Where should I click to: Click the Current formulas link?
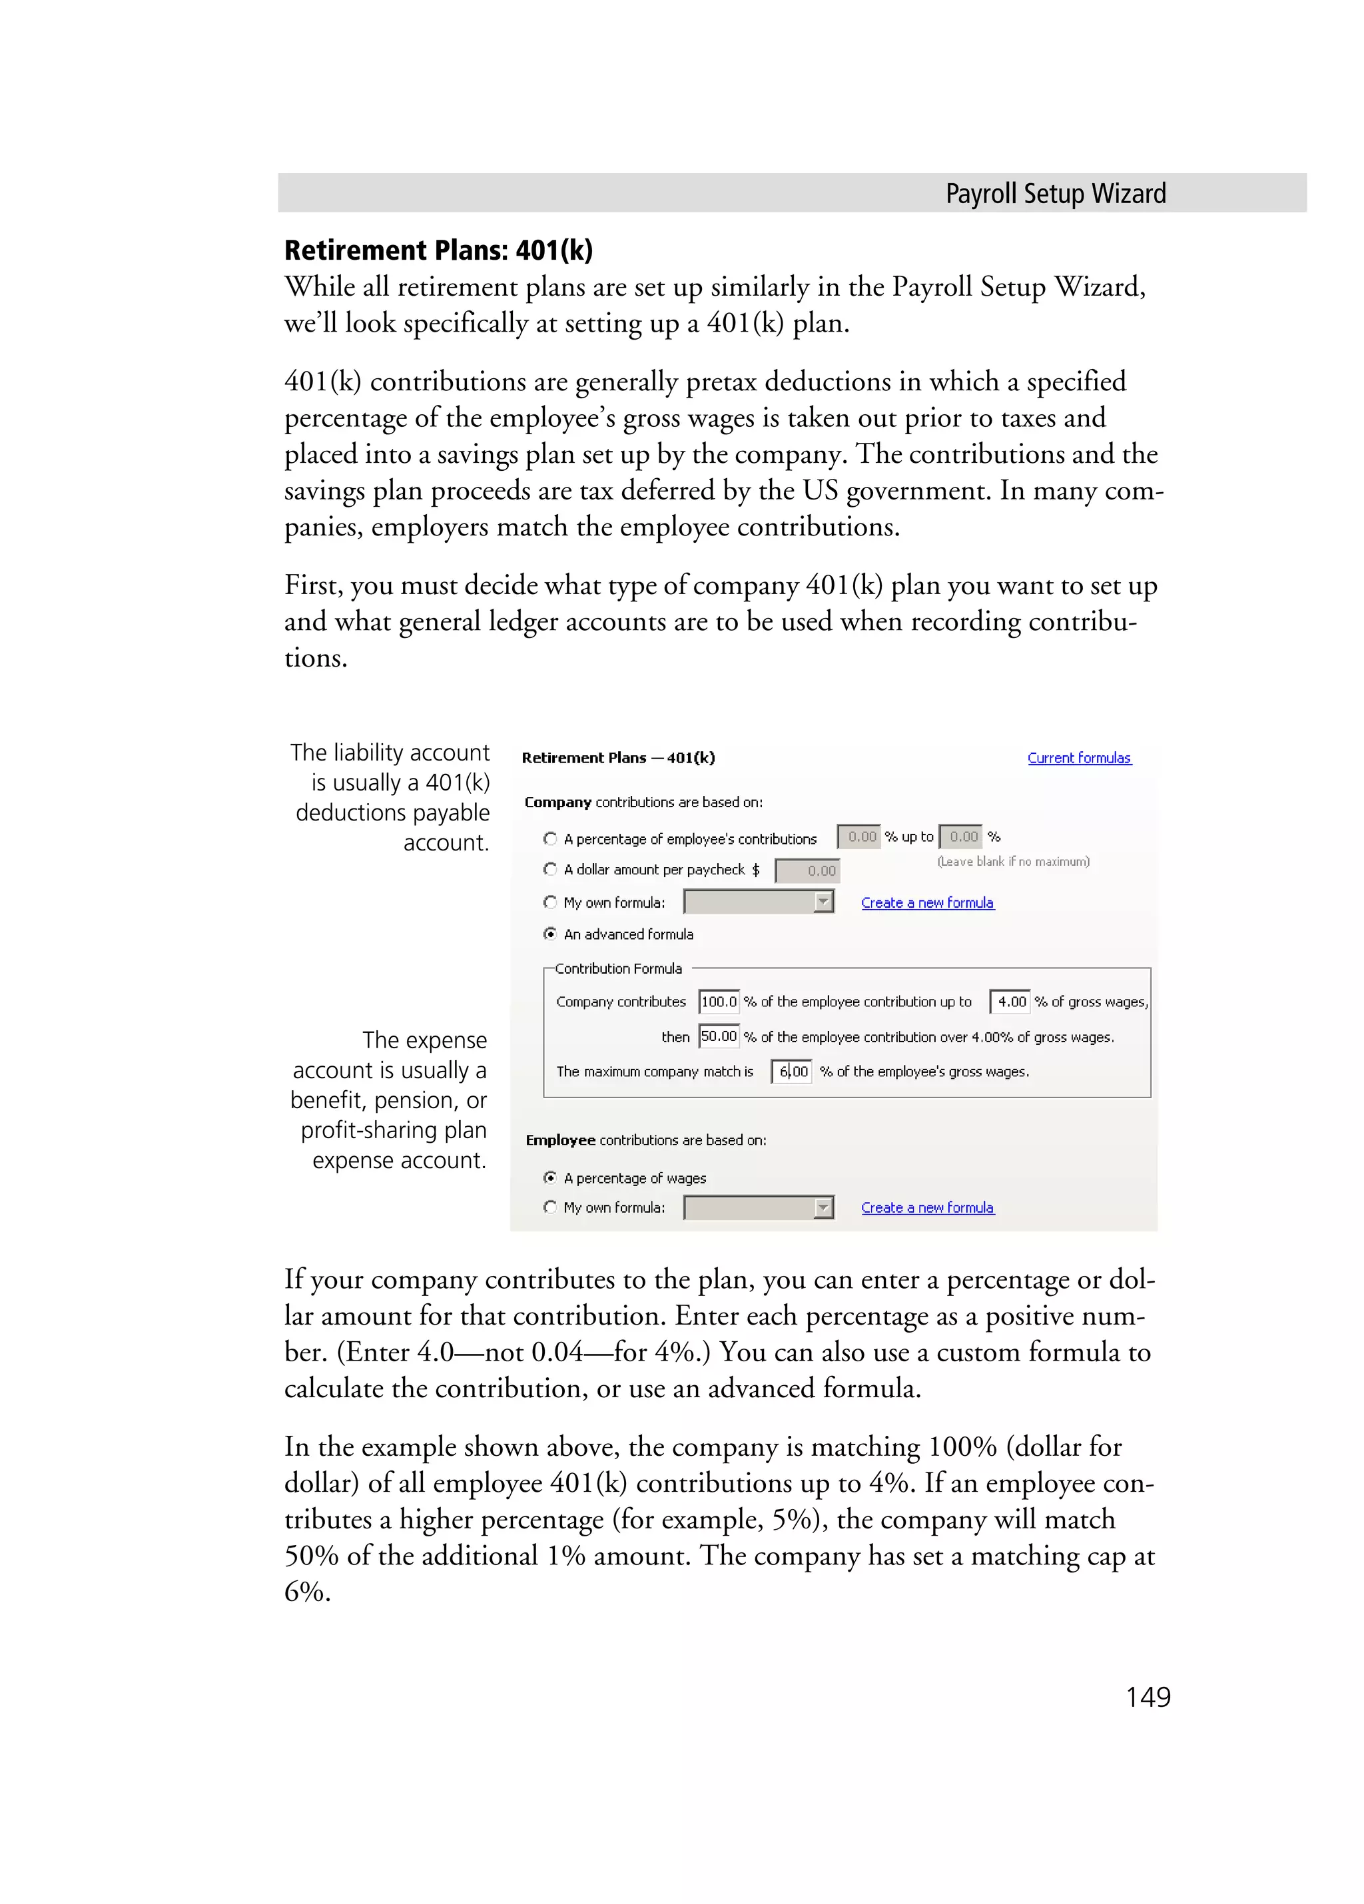click(1078, 757)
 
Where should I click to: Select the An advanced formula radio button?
click(550, 934)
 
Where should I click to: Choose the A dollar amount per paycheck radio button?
click(550, 869)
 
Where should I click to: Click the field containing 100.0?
click(719, 1002)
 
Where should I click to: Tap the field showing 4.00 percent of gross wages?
click(1010, 1002)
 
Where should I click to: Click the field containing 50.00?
click(719, 1037)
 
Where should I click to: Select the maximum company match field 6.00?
click(791, 1072)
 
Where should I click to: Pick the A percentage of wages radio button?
click(550, 1178)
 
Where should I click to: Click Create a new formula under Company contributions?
click(926, 902)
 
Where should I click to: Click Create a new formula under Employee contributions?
click(926, 1207)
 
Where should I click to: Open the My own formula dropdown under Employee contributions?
click(823, 1208)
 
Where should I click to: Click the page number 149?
click(1147, 1697)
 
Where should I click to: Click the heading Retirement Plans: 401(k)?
click(438, 250)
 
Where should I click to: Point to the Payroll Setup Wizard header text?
click(1055, 194)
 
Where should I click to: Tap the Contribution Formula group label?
click(618, 968)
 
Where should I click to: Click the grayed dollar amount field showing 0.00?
click(807, 870)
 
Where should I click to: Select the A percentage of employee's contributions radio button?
click(550, 838)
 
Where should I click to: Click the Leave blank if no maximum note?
click(1013, 861)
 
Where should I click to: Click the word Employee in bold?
click(560, 1140)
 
